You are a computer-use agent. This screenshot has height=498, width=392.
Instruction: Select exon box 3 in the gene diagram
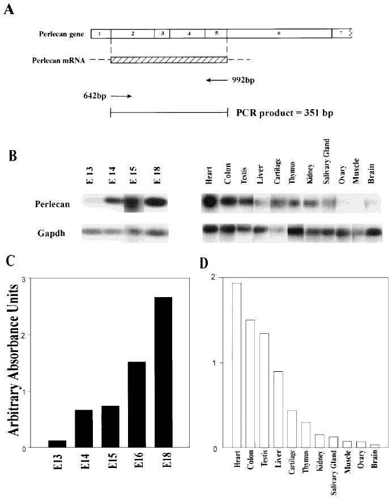162,33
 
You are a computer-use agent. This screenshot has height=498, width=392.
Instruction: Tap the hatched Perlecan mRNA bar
169,60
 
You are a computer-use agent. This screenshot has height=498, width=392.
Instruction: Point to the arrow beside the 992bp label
217,80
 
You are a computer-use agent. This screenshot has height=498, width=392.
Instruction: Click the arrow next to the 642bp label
125,96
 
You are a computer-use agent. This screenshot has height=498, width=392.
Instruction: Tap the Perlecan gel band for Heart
211,201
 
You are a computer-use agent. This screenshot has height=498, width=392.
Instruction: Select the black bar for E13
56,444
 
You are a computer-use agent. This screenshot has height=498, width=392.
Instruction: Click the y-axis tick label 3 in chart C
23,278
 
